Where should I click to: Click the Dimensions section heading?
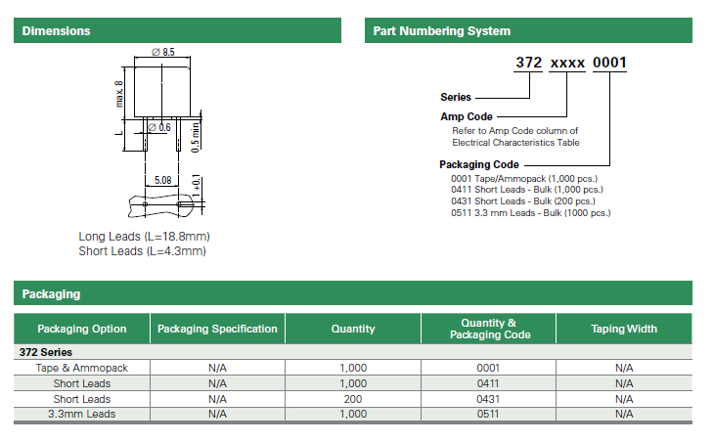click(56, 31)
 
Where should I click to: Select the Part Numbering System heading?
click(442, 31)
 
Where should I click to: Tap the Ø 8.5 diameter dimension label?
click(163, 52)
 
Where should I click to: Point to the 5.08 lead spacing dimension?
click(163, 180)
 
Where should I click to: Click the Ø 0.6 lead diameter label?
click(159, 127)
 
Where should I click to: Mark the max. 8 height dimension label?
click(119, 94)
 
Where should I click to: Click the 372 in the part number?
click(529, 63)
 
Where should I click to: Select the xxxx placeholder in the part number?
click(567, 64)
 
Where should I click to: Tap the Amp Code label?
click(467, 116)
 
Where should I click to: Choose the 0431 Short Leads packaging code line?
click(522, 201)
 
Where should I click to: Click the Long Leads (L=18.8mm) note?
click(144, 237)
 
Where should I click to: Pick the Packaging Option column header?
click(82, 329)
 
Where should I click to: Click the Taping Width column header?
click(624, 329)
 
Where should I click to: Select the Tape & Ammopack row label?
click(82, 368)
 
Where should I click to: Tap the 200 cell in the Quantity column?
click(353, 399)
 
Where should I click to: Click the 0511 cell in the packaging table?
click(488, 414)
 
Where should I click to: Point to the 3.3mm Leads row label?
click(82, 414)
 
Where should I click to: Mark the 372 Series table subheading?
click(46, 352)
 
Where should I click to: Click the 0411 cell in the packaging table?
click(488, 383)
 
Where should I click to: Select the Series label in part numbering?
click(456, 97)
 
